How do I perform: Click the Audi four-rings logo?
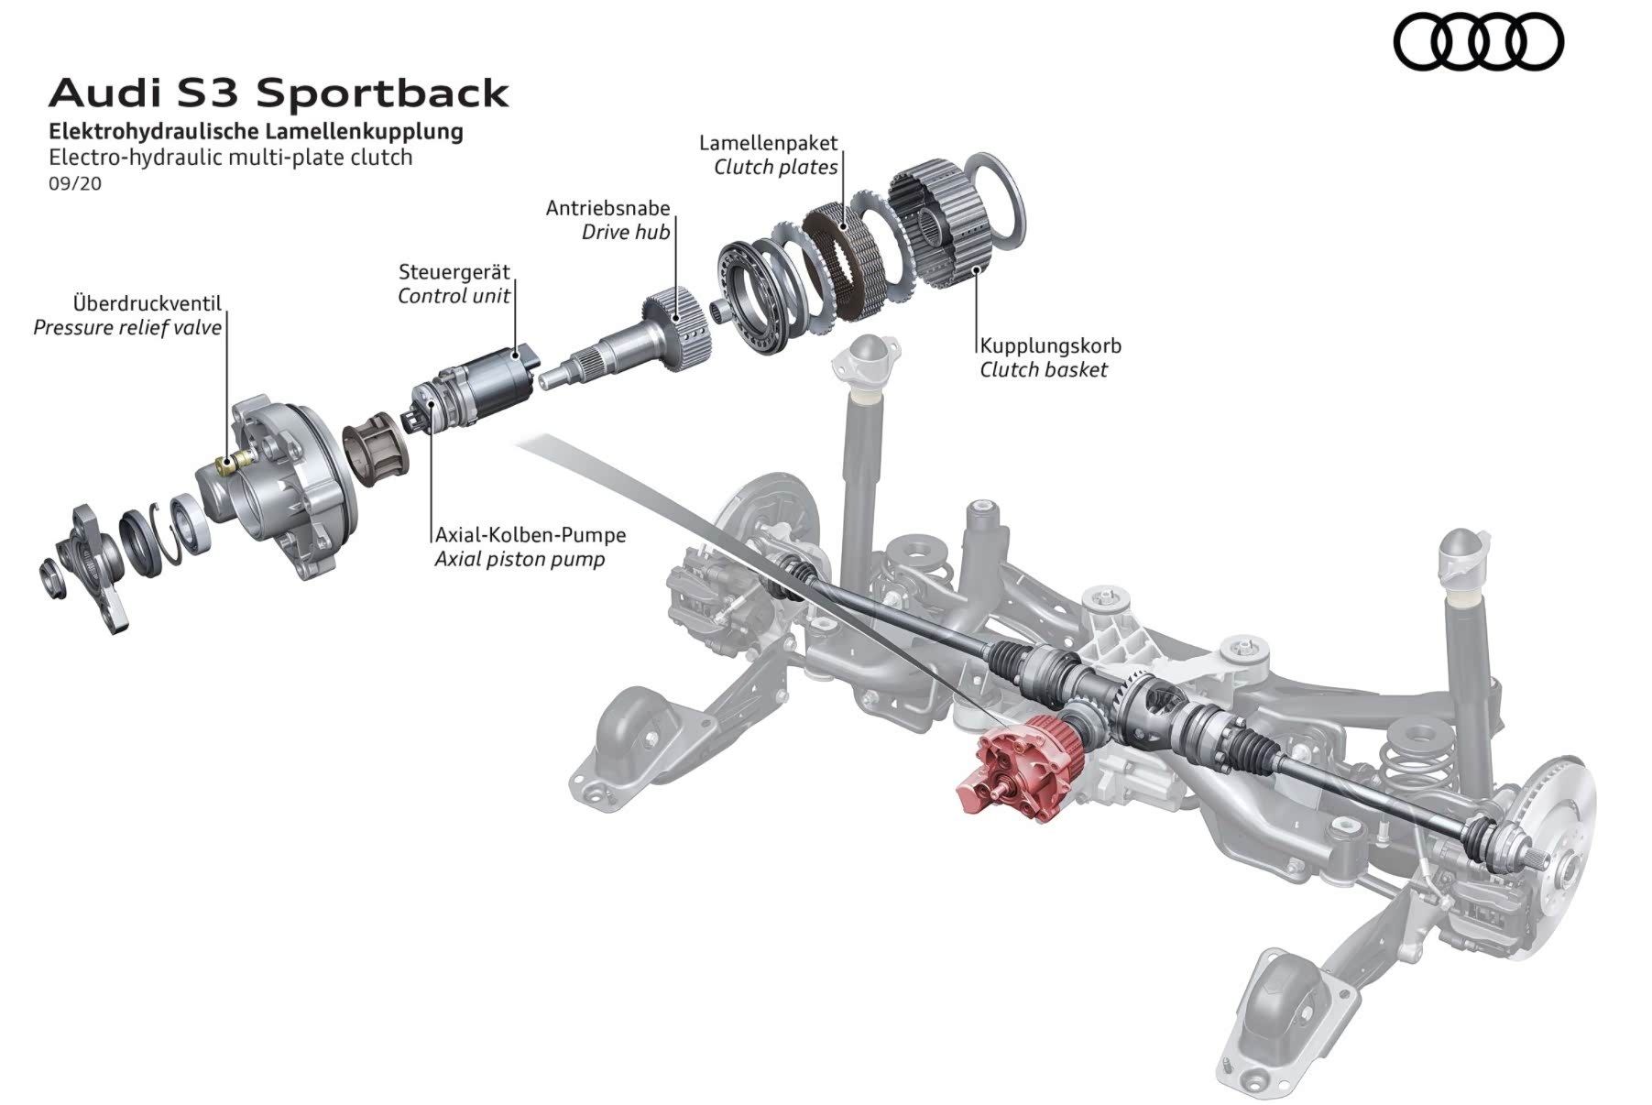coord(1477,42)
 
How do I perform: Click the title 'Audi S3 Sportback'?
coord(279,93)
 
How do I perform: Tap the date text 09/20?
coord(75,183)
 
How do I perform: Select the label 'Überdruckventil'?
coord(147,303)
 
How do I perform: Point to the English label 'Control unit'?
coord(454,296)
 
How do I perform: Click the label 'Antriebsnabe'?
coord(607,208)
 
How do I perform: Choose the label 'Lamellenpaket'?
coord(768,143)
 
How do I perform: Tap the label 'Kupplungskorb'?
coord(1050,346)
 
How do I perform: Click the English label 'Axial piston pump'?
coord(520,559)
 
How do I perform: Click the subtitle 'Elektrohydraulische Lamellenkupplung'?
coord(256,131)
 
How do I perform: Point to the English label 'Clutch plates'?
coord(775,168)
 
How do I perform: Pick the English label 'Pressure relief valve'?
coord(127,328)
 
